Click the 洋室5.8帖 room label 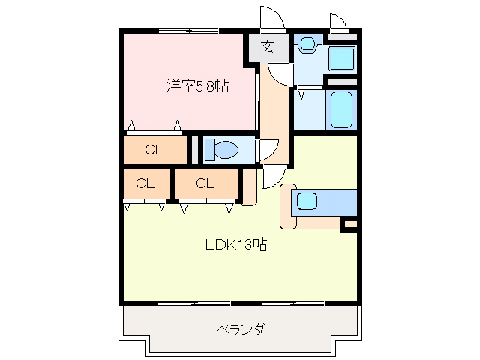click(197, 85)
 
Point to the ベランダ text click(240, 329)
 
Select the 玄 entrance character click(268, 47)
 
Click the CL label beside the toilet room click(154, 149)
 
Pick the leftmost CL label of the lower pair click(145, 183)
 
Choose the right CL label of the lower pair click(205, 183)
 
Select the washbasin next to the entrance click(306, 45)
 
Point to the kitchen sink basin click(307, 201)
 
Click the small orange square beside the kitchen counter click(349, 223)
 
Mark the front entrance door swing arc click(270, 18)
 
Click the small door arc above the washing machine click(337, 21)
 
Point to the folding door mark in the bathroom click(301, 94)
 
